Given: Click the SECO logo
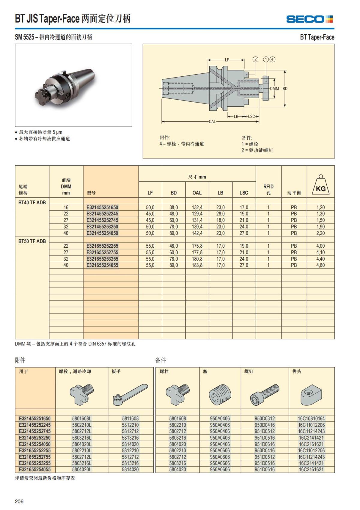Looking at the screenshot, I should [x=309, y=19].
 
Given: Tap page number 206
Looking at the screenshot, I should [x=19, y=501].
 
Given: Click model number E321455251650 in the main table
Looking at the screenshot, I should [x=102, y=207].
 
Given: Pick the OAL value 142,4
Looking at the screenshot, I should [x=197, y=233].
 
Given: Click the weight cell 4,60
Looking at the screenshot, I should [x=320, y=265].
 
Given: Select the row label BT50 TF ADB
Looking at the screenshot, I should [x=32, y=241].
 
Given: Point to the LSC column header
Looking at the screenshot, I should [x=244, y=193].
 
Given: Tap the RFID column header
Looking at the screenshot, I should [x=268, y=189].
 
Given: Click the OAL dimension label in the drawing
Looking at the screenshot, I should [x=212, y=121].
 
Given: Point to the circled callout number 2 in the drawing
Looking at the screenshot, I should [x=255, y=59].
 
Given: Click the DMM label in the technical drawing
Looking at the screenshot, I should [x=274, y=89].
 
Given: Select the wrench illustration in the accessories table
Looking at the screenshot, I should [x=130, y=394].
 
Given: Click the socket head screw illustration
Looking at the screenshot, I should [x=265, y=394].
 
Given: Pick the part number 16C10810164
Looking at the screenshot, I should [x=311, y=418].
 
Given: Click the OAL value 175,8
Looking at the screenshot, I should [x=197, y=246].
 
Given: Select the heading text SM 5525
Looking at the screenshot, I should [x=24, y=37].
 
